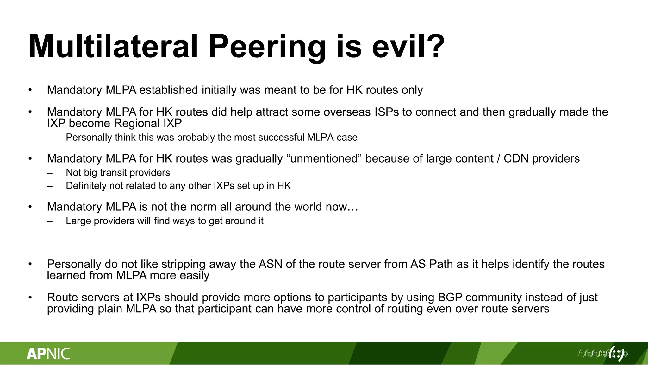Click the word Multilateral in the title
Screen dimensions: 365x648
[113, 47]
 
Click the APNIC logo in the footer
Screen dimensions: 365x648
[48, 354]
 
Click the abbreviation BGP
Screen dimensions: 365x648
[450, 298]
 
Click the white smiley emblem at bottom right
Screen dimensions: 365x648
[616, 353]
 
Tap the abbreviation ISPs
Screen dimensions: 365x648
[387, 112]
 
